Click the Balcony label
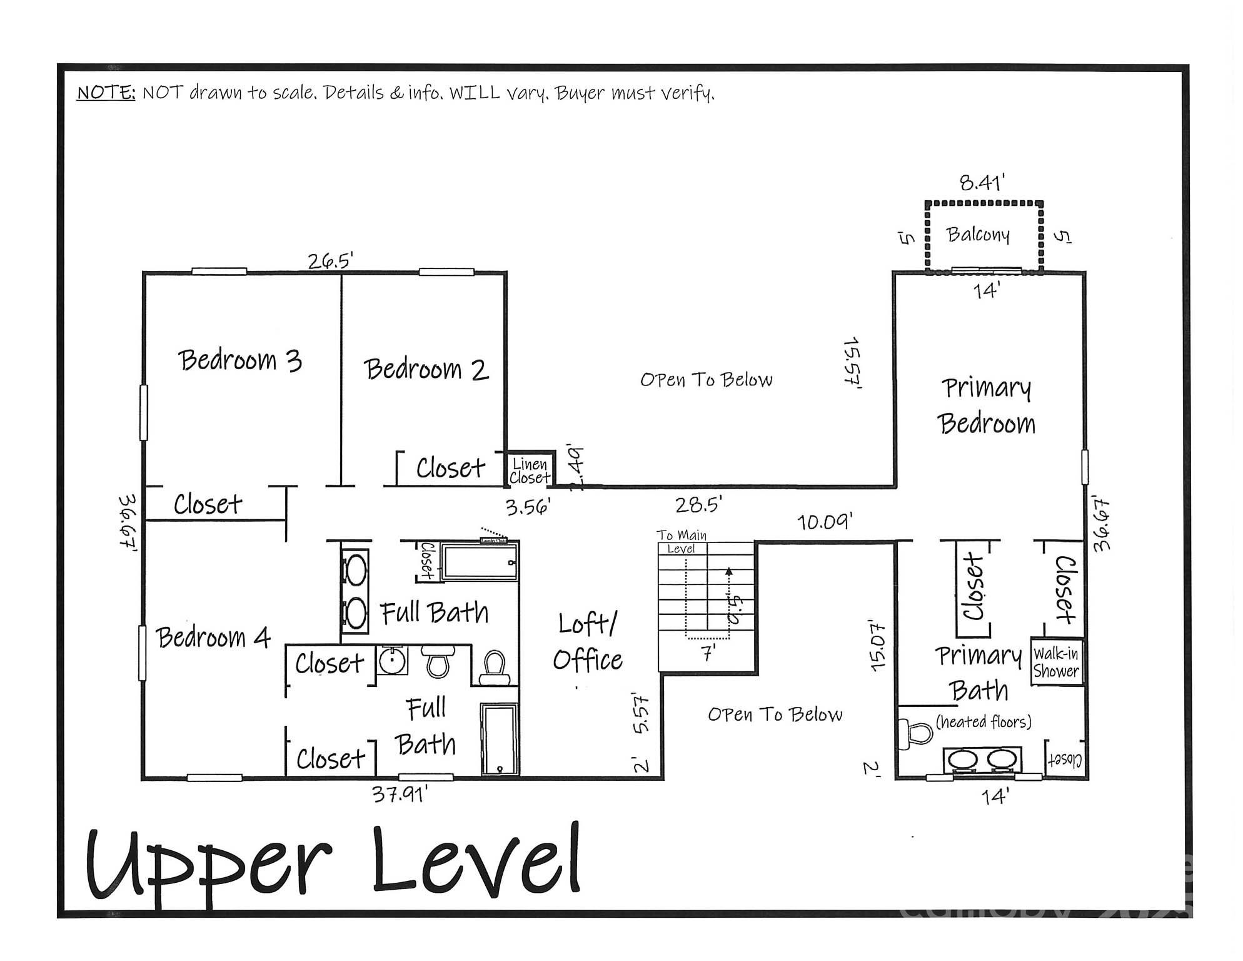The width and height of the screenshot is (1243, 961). tap(978, 235)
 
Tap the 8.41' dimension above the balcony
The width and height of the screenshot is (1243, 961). tap(982, 183)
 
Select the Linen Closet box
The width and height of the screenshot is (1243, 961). tap(530, 470)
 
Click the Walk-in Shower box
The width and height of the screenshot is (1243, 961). tap(1055, 663)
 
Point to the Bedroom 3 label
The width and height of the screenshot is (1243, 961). tap(240, 360)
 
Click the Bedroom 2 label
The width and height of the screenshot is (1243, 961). tap(426, 369)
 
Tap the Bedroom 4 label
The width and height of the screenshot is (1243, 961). tap(213, 638)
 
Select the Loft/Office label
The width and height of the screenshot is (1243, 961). tap(587, 642)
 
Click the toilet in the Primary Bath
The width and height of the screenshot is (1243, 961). tap(915, 733)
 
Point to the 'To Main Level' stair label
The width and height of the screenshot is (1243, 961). tap(682, 541)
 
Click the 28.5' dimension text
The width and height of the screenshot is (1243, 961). tap(698, 504)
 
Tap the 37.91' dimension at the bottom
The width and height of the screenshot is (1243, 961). tap(400, 795)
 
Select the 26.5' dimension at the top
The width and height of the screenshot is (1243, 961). tap(330, 260)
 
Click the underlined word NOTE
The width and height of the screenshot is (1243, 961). tap(106, 93)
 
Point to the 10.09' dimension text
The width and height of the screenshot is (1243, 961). tap(825, 521)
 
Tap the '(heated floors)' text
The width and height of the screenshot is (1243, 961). tap(983, 722)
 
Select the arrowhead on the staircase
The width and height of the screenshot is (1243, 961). tap(728, 571)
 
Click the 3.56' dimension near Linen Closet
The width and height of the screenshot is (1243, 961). tap(528, 506)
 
